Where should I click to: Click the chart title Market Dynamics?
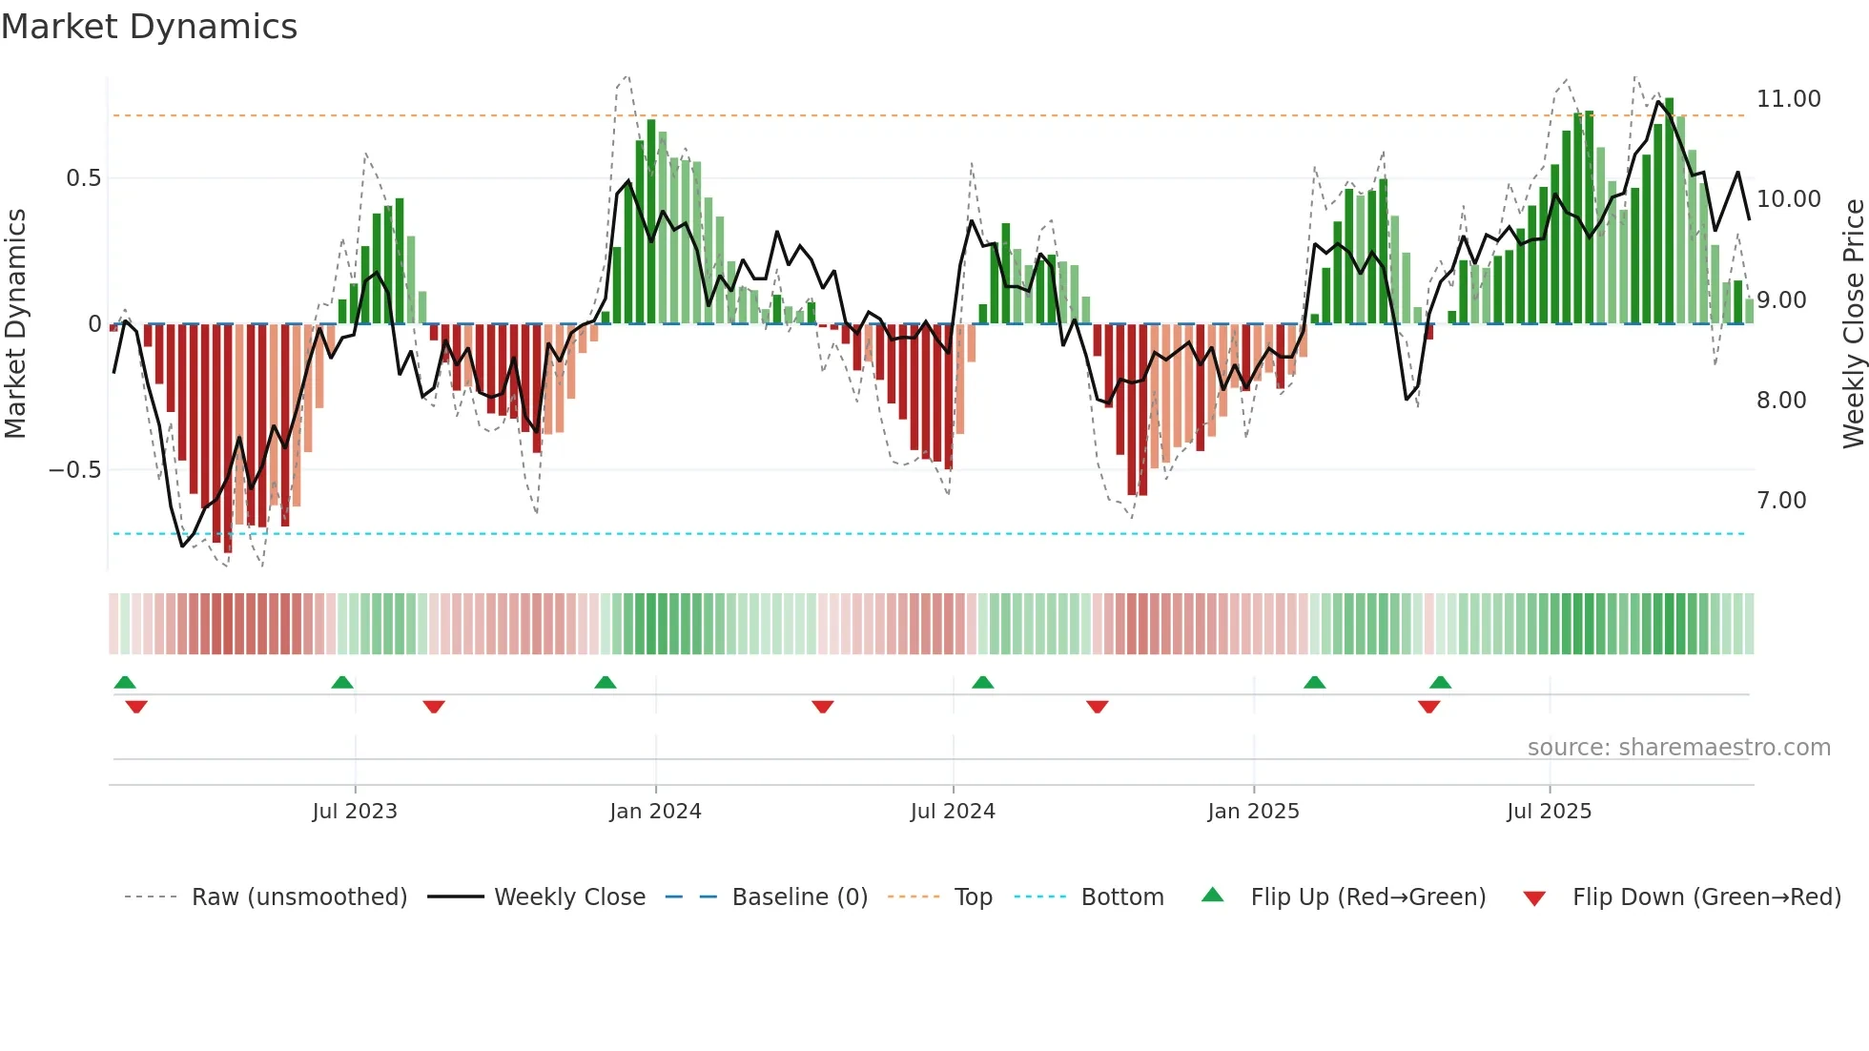click(149, 27)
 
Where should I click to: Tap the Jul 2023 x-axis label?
click(355, 812)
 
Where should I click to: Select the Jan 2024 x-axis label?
click(655, 812)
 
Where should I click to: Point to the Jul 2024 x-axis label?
click(953, 812)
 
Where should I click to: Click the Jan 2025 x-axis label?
click(1253, 812)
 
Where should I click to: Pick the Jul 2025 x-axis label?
click(1550, 812)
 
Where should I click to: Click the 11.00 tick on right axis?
click(1788, 99)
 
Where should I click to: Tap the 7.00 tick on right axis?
click(1781, 501)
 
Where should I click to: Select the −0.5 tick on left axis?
click(74, 470)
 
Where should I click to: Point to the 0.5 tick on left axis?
click(83, 178)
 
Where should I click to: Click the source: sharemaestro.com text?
click(1678, 748)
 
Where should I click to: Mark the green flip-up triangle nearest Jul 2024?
click(983, 682)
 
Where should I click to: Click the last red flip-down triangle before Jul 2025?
click(1428, 707)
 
